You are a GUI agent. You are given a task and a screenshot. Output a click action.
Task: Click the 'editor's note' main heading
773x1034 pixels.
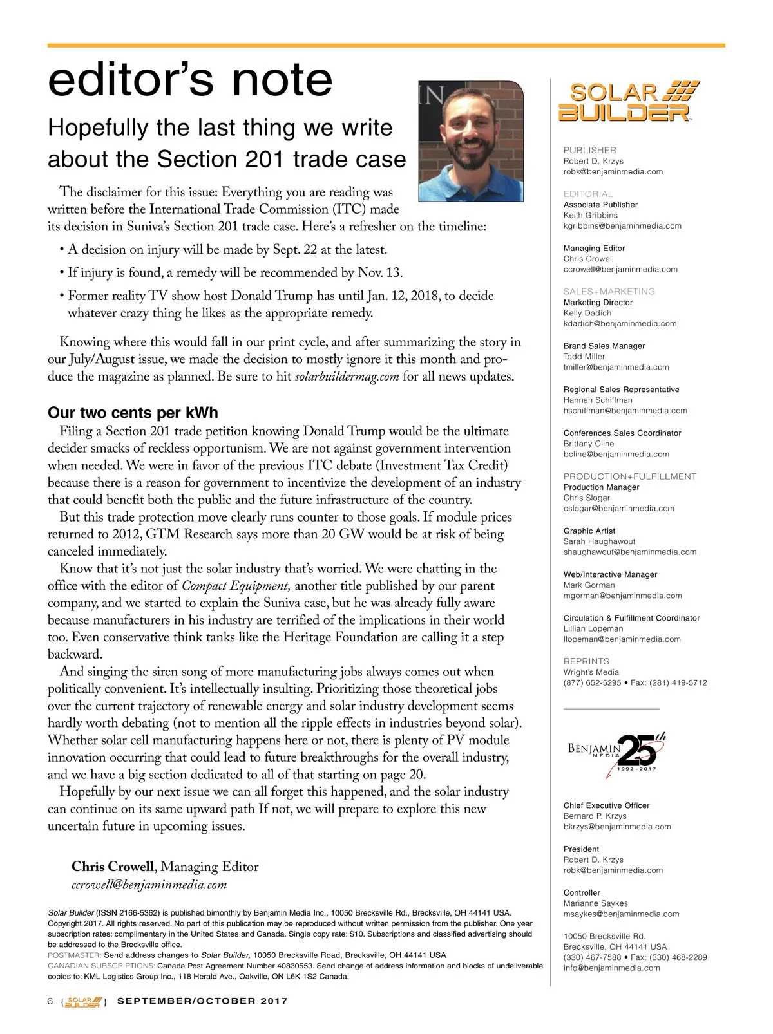[x=190, y=80]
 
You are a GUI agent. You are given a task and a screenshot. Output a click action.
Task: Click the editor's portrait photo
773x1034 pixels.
[x=471, y=141]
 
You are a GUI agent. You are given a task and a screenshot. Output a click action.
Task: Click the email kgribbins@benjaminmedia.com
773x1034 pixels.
[x=622, y=226]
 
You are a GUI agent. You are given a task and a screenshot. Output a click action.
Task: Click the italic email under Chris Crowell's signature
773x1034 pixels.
[x=149, y=885]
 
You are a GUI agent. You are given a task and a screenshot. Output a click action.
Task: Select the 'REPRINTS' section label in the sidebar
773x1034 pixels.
[x=586, y=661]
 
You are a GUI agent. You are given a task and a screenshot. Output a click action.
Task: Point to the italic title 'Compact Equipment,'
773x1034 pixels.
[x=236, y=586]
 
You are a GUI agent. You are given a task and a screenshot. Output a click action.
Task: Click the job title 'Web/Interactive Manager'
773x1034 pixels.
[x=610, y=574]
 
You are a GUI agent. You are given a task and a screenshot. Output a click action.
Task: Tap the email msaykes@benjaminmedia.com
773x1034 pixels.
[x=621, y=914]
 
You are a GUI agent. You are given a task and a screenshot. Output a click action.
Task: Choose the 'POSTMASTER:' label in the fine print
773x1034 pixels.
[x=74, y=955]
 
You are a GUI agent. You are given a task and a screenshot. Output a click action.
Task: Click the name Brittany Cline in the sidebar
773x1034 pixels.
[x=589, y=444]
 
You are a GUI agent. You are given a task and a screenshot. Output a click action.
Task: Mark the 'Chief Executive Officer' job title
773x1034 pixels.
[x=606, y=805]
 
